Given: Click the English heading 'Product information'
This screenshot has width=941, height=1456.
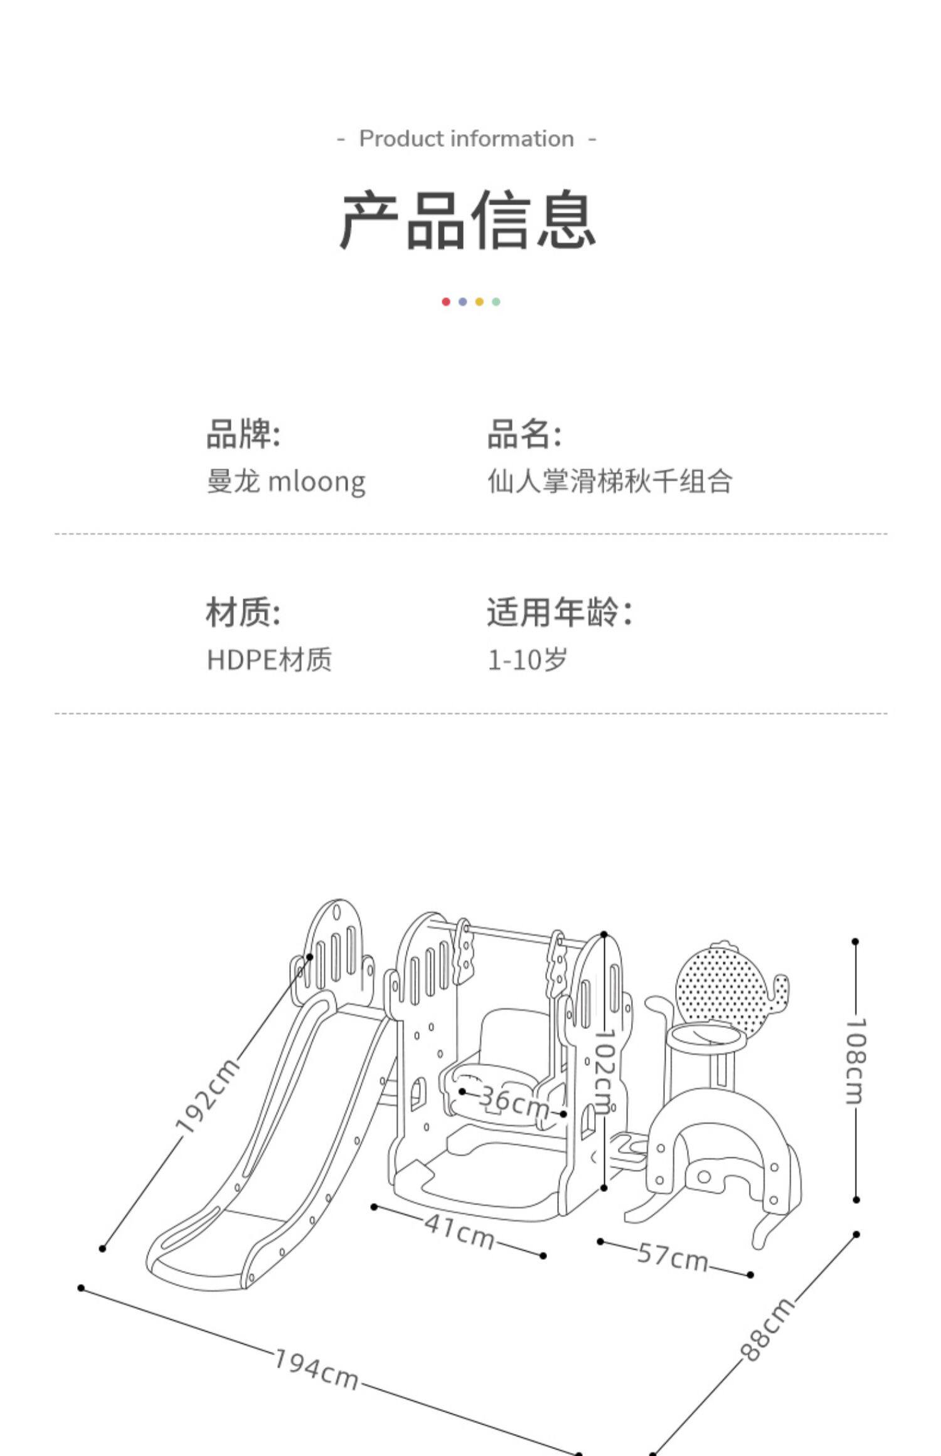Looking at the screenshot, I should point(466,139).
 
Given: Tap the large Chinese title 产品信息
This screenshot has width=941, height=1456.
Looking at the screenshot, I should point(467,220).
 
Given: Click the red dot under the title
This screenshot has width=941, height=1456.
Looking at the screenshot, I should point(446,302).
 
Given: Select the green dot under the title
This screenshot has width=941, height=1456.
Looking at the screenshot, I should point(496,302).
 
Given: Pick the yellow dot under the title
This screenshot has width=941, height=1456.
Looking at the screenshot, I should point(479,302).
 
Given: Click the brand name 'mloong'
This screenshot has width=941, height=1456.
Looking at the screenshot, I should point(317,482).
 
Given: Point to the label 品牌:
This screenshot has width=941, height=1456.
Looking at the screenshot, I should point(243,433).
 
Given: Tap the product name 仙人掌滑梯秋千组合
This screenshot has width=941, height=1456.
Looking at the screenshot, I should point(610,482).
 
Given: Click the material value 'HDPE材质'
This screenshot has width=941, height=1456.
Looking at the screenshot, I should point(269,660).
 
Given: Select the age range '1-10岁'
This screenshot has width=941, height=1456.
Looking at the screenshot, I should point(528,660).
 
